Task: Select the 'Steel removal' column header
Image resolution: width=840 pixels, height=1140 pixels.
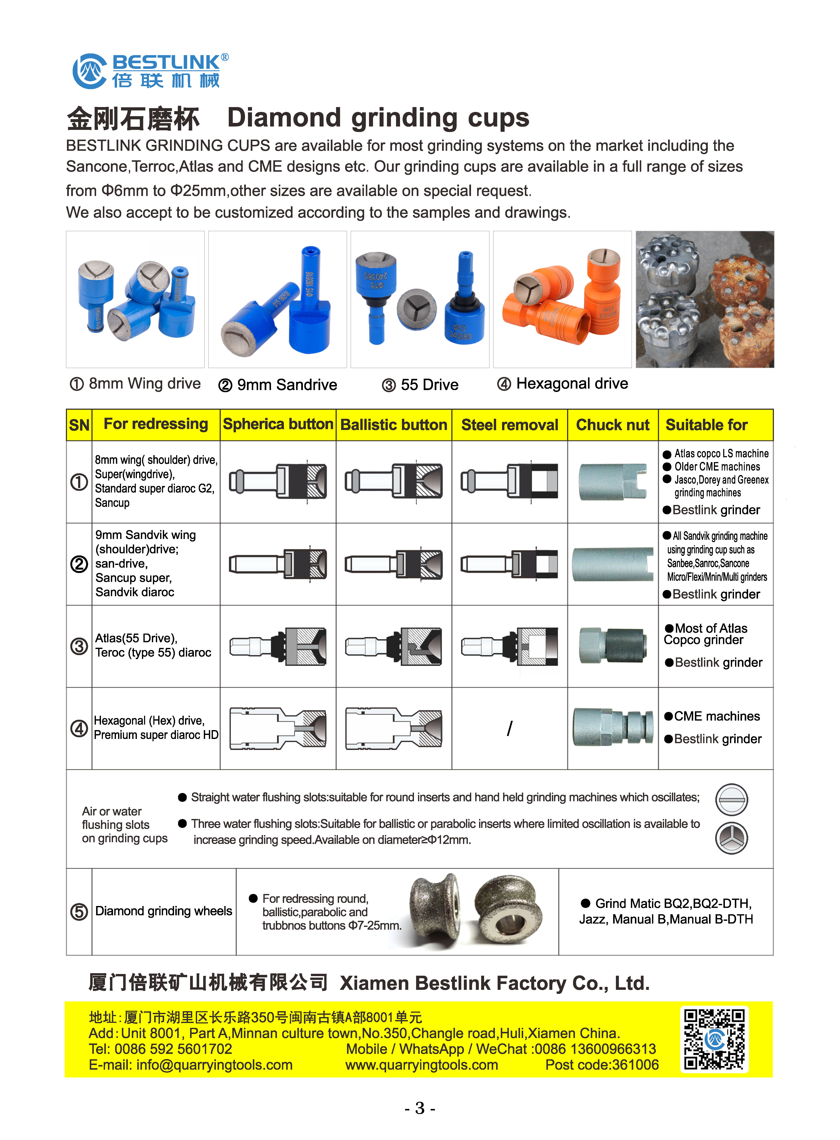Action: click(509, 424)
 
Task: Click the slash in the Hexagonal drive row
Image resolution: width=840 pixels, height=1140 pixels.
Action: click(509, 728)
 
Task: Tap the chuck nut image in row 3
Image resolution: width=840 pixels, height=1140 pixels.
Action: click(613, 646)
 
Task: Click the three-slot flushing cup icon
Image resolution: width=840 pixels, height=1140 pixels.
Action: click(731, 838)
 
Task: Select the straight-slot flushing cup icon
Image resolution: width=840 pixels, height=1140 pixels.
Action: click(731, 799)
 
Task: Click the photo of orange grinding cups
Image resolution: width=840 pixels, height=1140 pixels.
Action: click(562, 299)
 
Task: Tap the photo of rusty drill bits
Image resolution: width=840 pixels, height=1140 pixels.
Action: click(705, 299)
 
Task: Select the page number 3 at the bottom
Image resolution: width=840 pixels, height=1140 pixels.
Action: click(419, 1107)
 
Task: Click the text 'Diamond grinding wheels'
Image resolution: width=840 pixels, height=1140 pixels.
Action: click(164, 911)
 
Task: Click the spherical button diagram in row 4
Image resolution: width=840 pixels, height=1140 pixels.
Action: click(278, 728)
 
